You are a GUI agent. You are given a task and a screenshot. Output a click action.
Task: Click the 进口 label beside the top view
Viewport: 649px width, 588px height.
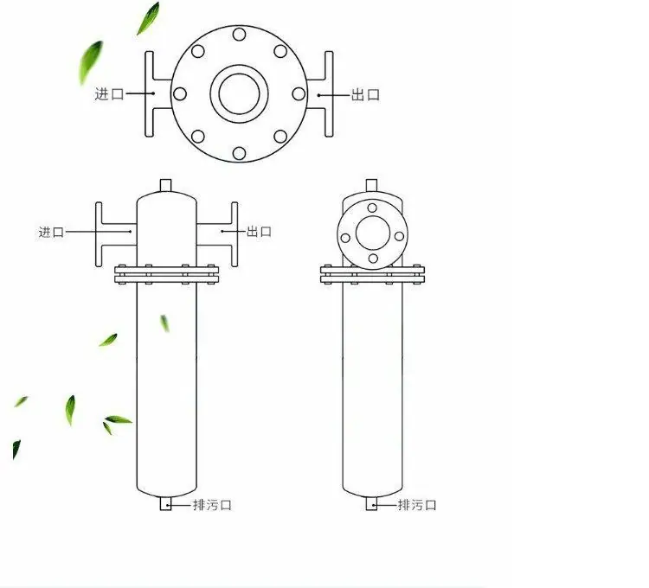109,94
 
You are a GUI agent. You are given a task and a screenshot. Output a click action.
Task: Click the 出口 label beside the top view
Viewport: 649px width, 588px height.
365,95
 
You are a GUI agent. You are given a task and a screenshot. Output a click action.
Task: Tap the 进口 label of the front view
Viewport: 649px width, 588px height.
51,232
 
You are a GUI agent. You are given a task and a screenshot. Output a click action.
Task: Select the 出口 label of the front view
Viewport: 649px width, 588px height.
259,232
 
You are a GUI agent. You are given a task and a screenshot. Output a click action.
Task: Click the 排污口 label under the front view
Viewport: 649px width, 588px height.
212,505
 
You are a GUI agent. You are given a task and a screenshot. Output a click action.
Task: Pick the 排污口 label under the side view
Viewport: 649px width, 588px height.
417,505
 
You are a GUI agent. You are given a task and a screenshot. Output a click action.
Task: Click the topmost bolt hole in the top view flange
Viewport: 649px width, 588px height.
239,35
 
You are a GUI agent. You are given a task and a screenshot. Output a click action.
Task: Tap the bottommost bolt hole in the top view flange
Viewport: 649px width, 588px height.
239,153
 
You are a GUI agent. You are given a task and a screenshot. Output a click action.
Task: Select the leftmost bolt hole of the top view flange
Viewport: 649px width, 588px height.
180,94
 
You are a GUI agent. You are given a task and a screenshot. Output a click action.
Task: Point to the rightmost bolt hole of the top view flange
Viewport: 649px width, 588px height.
299,94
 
